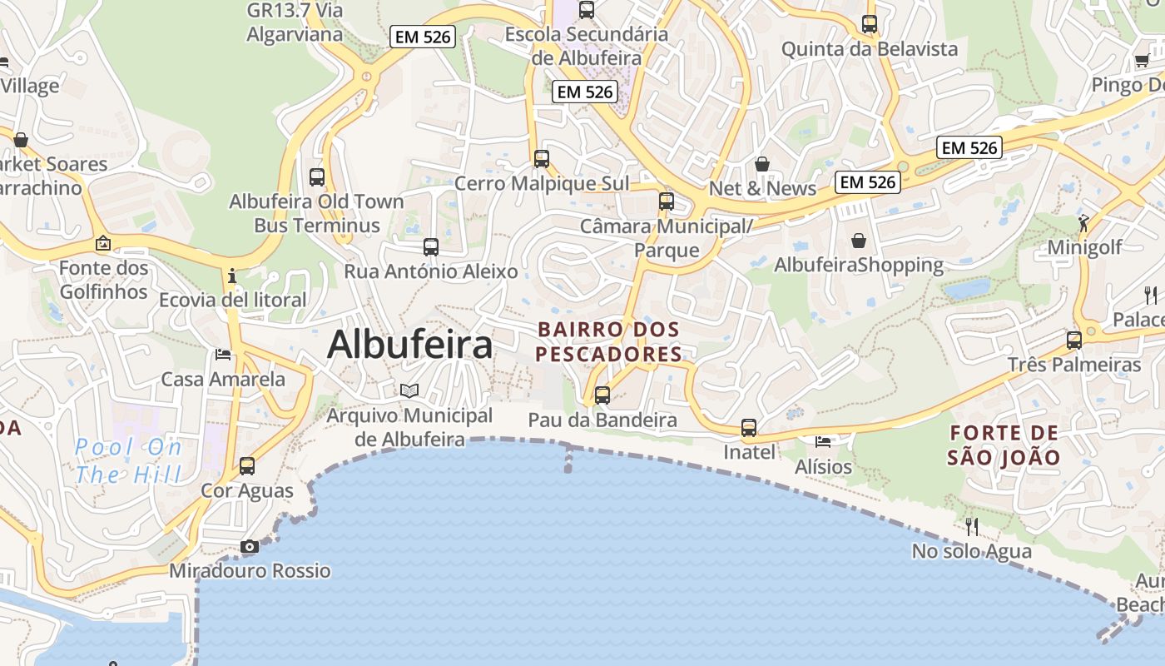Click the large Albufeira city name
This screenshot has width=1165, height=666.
[x=409, y=345]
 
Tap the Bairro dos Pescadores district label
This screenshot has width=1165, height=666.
[x=608, y=342]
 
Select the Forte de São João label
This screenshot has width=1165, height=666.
[x=1004, y=445]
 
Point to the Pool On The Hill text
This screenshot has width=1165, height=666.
[x=128, y=460]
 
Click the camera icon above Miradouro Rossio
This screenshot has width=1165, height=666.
[x=249, y=547]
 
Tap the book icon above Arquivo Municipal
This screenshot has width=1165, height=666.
[x=409, y=390]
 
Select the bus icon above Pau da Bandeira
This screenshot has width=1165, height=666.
[x=602, y=395]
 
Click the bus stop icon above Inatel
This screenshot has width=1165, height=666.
[x=749, y=428]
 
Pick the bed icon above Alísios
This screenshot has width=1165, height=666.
[x=823, y=441]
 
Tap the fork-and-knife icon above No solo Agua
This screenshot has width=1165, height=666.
[x=971, y=526]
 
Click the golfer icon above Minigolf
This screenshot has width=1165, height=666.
[x=1083, y=222]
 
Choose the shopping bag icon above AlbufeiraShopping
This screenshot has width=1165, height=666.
[x=859, y=241]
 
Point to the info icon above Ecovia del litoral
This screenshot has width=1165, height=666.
[x=232, y=276]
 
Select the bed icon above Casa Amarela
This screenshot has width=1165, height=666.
[x=222, y=355]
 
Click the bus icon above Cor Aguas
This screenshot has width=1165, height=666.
[x=247, y=466]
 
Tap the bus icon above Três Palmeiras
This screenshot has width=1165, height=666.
[x=1074, y=340]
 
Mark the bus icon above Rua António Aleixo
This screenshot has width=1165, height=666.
[x=431, y=247]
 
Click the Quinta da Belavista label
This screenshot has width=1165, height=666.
[x=869, y=49]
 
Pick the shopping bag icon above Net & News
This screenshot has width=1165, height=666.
[x=761, y=164]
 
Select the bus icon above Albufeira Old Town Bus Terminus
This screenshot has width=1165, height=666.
[x=317, y=176]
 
